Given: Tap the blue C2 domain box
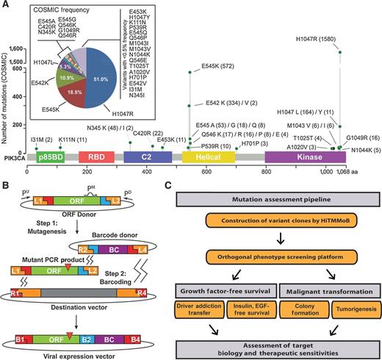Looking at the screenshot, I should (148, 158).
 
